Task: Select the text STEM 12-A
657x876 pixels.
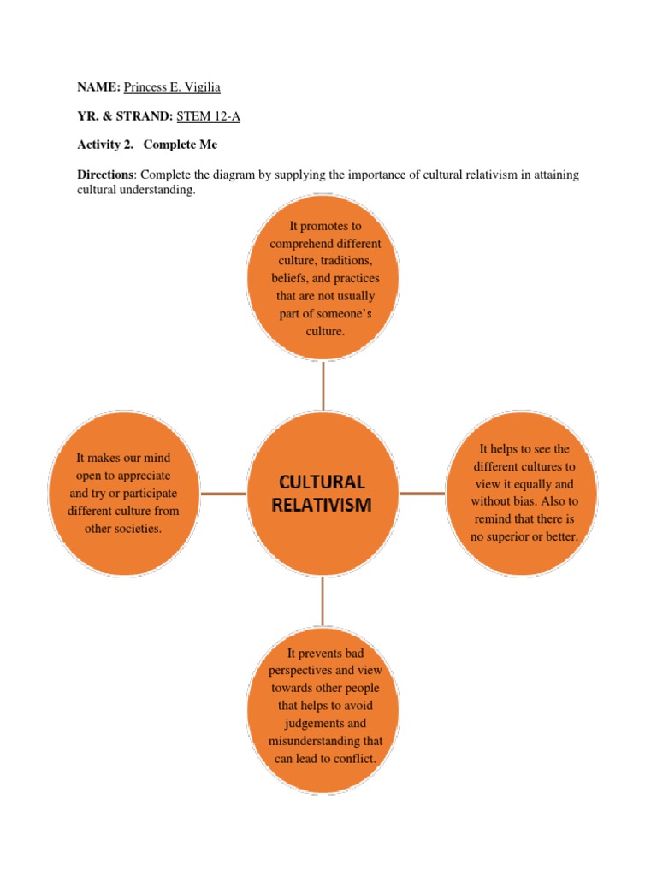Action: pyautogui.click(x=208, y=115)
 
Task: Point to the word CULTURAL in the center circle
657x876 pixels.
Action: pyautogui.click(x=322, y=482)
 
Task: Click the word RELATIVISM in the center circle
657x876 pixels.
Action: pyautogui.click(x=322, y=504)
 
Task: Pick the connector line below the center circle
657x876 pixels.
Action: pyautogui.click(x=323, y=601)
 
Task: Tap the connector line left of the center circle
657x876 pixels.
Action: pyautogui.click(x=222, y=494)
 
